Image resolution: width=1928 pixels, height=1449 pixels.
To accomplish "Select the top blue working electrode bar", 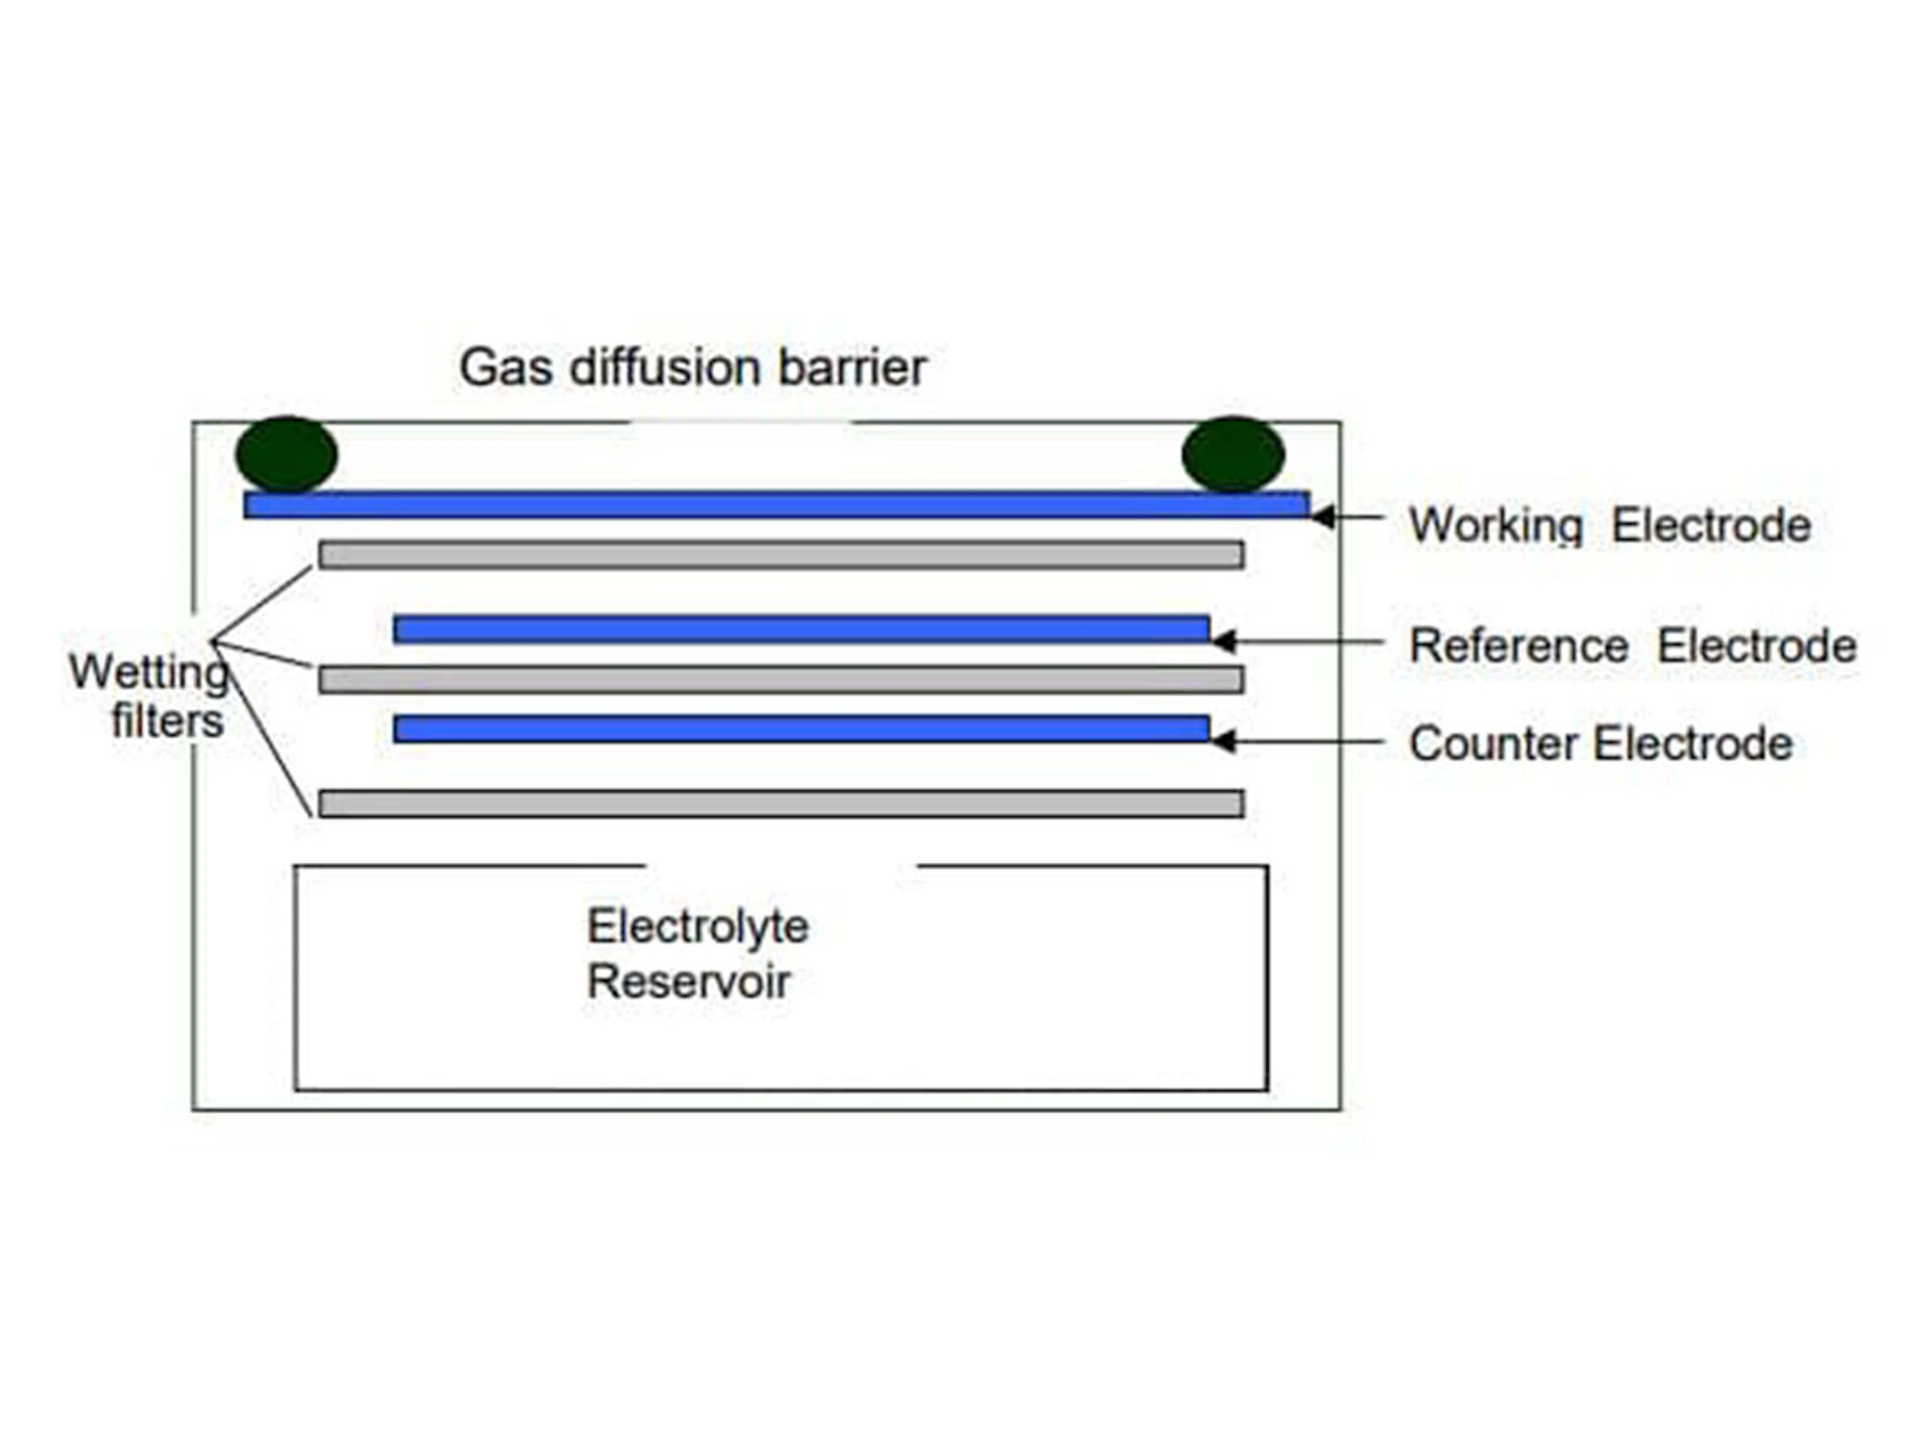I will tap(776, 505).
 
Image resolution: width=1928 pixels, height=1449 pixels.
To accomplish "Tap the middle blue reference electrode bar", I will tap(801, 630).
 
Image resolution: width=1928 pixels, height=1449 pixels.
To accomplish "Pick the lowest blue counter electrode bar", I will tap(801, 729).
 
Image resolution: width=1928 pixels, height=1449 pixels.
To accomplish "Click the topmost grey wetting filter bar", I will tap(781, 554).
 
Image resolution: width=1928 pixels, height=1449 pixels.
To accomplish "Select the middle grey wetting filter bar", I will tap(781, 679).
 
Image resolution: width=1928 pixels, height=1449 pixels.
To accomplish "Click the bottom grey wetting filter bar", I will tap(781, 803).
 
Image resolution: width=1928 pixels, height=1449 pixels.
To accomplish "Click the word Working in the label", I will tap(1496, 526).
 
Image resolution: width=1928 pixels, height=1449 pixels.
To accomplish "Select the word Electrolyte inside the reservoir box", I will tap(697, 927).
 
